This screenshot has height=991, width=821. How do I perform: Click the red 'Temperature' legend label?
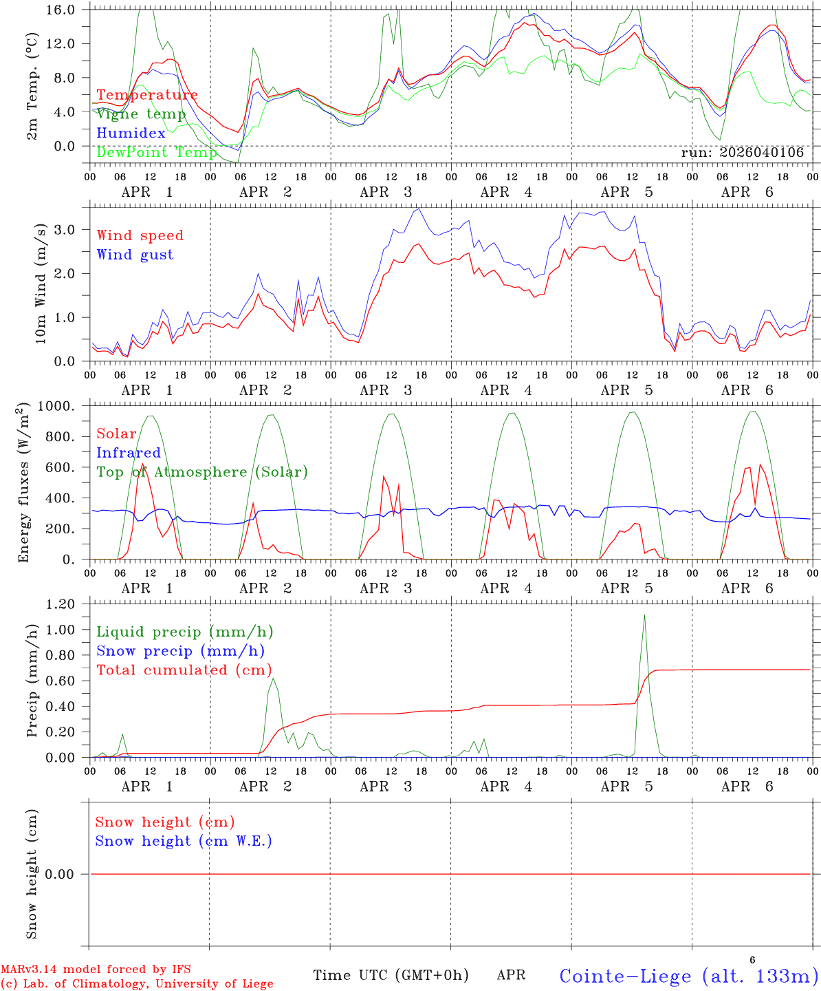[146, 95]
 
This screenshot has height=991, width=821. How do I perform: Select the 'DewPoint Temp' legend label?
[157, 152]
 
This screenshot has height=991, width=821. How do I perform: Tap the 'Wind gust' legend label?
[135, 255]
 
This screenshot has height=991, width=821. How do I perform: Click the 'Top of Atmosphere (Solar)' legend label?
[201, 472]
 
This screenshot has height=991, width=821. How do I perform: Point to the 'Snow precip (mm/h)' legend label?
[180, 651]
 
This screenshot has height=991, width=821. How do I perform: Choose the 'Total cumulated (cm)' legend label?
[184, 670]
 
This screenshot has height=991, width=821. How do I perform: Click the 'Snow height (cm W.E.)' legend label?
[183, 841]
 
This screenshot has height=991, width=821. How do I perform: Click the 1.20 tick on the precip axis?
[60, 604]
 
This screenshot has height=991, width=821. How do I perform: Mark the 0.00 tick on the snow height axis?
[60, 874]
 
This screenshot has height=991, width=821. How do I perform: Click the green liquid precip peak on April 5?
[644, 615]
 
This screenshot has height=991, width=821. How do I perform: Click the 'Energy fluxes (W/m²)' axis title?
[25, 483]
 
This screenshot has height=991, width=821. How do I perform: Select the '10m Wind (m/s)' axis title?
[40, 284]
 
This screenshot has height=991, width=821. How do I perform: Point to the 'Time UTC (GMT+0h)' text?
[391, 975]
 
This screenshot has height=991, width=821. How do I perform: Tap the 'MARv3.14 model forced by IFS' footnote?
[96, 969]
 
